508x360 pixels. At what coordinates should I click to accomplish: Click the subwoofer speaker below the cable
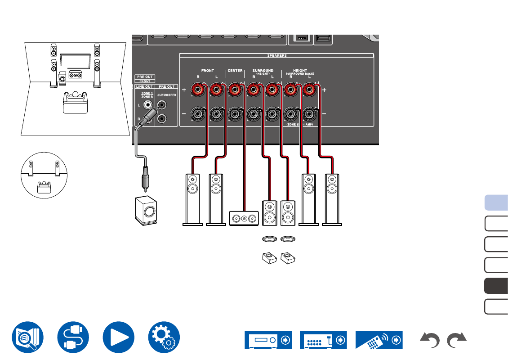[146, 210]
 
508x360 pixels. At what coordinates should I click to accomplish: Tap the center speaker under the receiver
[244, 218]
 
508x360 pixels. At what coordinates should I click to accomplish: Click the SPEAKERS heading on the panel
[277, 55]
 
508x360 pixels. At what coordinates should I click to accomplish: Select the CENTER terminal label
[235, 71]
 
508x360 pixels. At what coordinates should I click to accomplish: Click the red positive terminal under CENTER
[234, 90]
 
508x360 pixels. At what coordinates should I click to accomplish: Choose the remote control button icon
[379, 340]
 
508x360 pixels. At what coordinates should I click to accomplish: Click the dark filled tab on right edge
[496, 286]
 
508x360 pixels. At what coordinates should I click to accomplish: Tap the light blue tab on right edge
[496, 202]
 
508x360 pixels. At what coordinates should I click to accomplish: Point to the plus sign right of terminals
[324, 90]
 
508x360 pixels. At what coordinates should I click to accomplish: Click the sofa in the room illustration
[75, 102]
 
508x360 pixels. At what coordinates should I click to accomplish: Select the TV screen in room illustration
[74, 61]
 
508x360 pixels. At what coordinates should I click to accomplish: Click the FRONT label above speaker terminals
[207, 71]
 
